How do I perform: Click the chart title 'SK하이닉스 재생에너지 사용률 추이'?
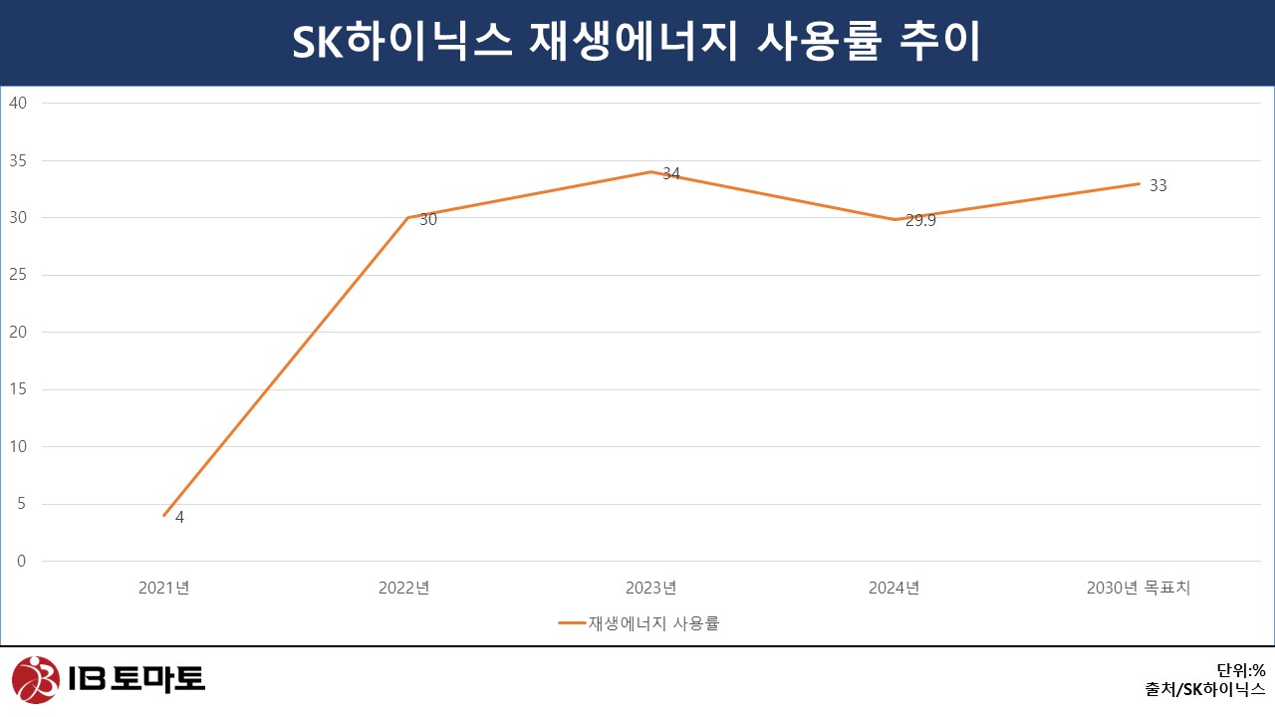(637, 43)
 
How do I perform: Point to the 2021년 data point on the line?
(164, 515)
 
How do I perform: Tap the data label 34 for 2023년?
(671, 174)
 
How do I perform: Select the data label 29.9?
(920, 221)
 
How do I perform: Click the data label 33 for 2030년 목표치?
(1157, 185)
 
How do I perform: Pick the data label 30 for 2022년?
(427, 220)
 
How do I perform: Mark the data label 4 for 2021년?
(179, 518)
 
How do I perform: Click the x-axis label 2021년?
(164, 589)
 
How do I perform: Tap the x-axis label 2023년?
(650, 589)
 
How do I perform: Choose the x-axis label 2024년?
(893, 589)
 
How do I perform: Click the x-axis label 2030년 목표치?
(1139, 589)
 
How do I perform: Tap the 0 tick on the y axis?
(22, 562)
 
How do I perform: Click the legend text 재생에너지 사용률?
(653, 624)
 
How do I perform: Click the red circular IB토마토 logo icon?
(36, 680)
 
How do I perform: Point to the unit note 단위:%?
(1240, 670)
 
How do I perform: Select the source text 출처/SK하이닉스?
(1205, 689)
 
